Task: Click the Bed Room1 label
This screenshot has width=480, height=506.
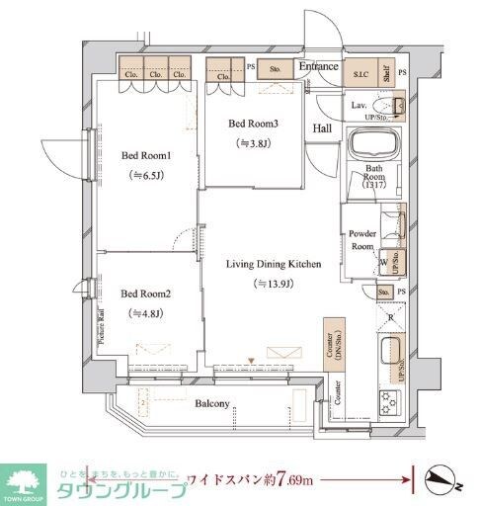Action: [146, 156]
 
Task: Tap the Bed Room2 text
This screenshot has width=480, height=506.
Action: [146, 295]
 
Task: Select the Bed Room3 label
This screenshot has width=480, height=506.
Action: [254, 124]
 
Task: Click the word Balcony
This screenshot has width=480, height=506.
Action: [212, 403]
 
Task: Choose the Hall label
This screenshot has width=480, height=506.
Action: [323, 128]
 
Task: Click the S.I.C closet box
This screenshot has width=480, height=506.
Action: [360, 73]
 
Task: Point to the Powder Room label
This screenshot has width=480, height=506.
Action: [362, 240]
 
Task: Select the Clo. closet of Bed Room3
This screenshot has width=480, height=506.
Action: [222, 72]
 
